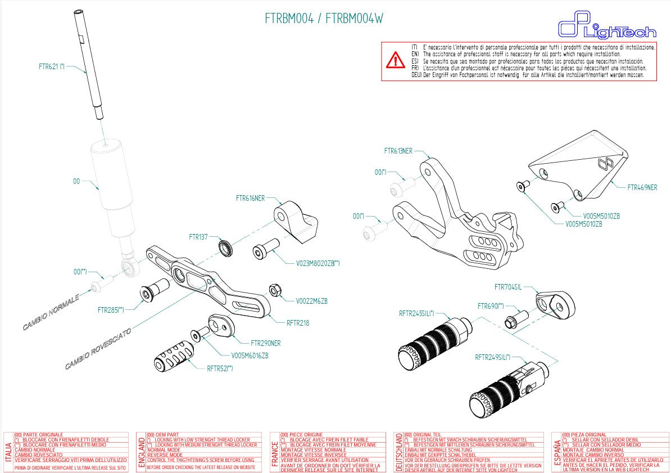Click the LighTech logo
pyautogui.click(x=606, y=28)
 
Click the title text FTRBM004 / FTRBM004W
pyautogui.click(x=324, y=19)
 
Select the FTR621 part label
pyautogui.click(x=52, y=66)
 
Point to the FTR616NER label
pyautogui.click(x=250, y=199)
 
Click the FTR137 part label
pyautogui.click(x=198, y=237)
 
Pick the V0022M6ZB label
pyautogui.click(x=311, y=301)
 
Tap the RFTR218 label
pyautogui.click(x=298, y=323)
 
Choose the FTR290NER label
pyautogui.click(x=265, y=343)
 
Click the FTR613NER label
pyautogui.click(x=398, y=151)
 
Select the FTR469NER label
pyautogui.click(x=642, y=188)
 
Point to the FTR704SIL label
pyautogui.click(x=507, y=287)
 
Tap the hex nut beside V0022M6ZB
pyautogui.click(x=275, y=290)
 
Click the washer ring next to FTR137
pyautogui.click(x=226, y=248)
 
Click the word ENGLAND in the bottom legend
pyautogui.click(x=140, y=452)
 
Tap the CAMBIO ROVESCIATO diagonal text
pyautogui.click(x=98, y=349)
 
